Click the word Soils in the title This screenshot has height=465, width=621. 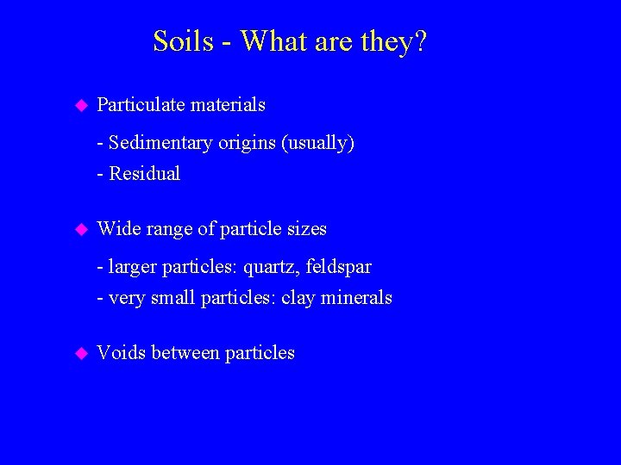pos(183,41)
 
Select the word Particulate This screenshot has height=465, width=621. pos(141,105)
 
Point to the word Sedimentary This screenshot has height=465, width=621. pos(160,143)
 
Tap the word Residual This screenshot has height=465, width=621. pos(145,174)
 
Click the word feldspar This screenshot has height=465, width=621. pos(338,267)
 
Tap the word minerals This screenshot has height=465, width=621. pos(356,298)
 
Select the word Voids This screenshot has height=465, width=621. pos(122,353)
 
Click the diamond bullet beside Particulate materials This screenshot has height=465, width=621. pos(81,106)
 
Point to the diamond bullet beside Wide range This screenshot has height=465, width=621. pos(81,230)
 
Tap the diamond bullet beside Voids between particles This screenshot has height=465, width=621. pos(81,353)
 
